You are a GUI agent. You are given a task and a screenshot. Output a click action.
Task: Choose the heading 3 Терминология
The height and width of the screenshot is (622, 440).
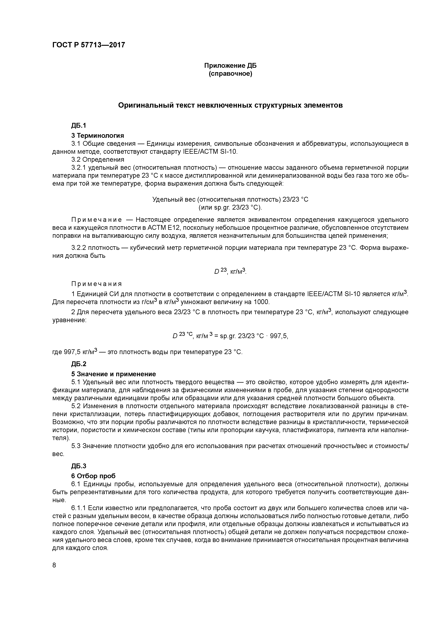[98, 135]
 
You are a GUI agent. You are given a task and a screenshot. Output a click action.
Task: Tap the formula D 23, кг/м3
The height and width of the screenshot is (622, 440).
[230, 271]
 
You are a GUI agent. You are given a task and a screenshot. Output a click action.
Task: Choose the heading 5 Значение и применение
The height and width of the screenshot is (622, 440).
[114, 374]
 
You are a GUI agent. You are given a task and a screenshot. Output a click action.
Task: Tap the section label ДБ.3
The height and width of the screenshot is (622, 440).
[79, 466]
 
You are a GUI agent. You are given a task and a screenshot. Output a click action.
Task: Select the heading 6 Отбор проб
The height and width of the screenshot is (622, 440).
[93, 476]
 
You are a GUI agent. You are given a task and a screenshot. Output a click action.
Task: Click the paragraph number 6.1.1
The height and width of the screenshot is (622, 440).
[79, 508]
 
